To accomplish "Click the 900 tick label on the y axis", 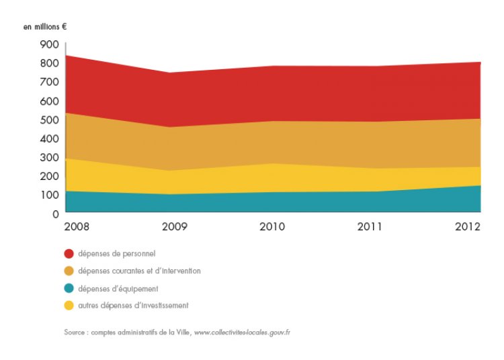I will coord(49,44).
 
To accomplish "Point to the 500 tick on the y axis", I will coord(49,120).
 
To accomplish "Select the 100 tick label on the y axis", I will coord(49,195).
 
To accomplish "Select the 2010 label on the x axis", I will coord(272,226).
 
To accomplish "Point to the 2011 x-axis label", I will coord(369,226).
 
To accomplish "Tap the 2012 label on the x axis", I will coord(468,226).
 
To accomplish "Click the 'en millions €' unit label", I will coord(45,27).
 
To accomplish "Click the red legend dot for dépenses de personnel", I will coord(69,254).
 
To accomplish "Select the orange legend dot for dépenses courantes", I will coord(69,271).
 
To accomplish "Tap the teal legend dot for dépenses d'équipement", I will coord(69,288).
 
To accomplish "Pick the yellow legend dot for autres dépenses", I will coord(69,306).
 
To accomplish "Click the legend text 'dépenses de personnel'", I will coord(117,254).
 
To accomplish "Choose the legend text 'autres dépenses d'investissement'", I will coord(133,306).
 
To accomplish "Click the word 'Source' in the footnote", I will coord(73,332).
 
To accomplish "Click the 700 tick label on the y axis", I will coord(49,82).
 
